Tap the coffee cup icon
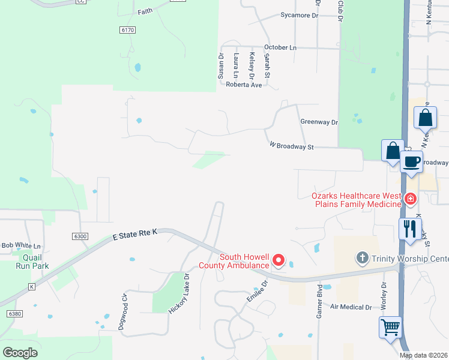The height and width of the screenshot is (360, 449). tap(412, 162)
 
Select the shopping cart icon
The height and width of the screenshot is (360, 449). tap(390, 328)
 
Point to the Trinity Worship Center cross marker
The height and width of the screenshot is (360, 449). tap(362, 259)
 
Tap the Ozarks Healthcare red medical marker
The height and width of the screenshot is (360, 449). tap(411, 199)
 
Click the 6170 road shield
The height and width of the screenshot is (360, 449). tap(128, 29)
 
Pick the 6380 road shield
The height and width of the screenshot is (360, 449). tap(15, 314)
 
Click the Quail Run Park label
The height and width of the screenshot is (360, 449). tap(32, 261)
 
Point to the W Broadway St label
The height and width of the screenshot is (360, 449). tap(292, 146)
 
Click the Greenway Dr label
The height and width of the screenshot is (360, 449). tap(319, 122)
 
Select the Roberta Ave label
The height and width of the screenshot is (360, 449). tap(244, 85)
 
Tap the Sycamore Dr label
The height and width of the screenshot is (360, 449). tap(299, 15)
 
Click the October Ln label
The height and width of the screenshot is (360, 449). tap(280, 47)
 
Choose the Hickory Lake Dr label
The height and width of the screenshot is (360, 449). tap(179, 294)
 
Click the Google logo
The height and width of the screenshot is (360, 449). tap(20, 352)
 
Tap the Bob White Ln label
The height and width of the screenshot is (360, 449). tap(21, 245)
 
